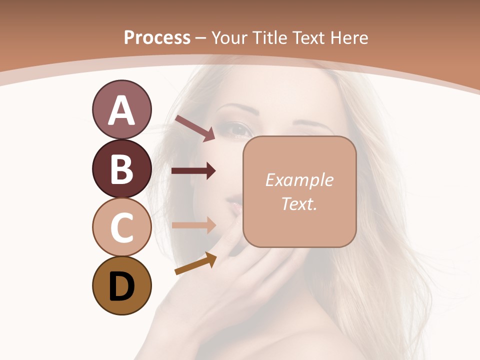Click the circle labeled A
point(121,109)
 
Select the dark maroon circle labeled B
point(121,168)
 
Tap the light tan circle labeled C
point(121,227)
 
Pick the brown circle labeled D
point(121,286)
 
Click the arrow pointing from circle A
point(194,128)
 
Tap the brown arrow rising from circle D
point(195,263)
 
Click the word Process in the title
point(157,37)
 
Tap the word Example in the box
point(299,180)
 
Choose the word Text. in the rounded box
point(299,203)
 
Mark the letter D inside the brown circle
point(121,287)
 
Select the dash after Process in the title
point(200,38)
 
